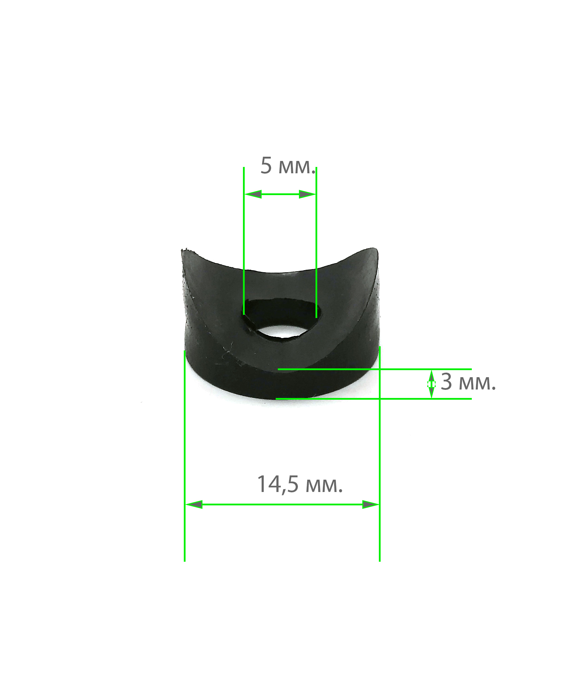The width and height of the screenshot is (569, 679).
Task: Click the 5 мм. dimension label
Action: click(x=288, y=166)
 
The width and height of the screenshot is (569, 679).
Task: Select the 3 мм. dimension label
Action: click(x=468, y=382)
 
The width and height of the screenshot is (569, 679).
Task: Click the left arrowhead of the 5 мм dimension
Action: click(x=253, y=194)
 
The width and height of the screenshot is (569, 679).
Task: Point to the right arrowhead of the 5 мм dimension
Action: click(x=307, y=194)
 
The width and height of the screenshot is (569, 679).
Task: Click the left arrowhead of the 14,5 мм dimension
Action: click(x=194, y=504)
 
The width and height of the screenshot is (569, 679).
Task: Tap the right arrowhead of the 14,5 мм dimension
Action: click(x=370, y=504)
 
